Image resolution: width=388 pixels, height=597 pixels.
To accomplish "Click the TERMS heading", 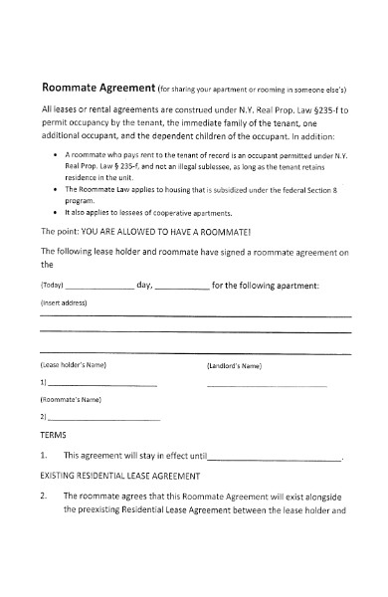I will [53, 435].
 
